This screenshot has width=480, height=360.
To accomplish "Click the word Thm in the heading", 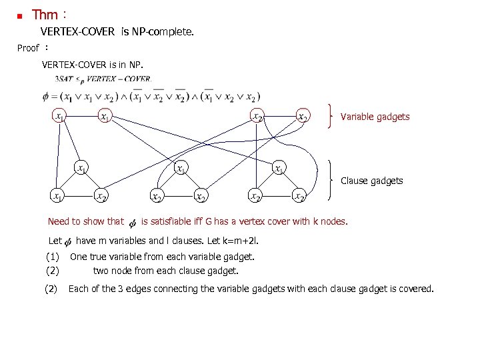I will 45,15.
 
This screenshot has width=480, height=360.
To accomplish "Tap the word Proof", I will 28,48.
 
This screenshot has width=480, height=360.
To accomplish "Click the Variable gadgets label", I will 375,117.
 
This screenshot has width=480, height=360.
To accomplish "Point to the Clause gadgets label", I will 371,181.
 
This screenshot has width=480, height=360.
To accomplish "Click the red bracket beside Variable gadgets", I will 331,116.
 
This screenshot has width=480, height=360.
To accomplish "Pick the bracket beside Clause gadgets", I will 333,179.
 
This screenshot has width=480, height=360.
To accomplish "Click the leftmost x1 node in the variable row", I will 60,116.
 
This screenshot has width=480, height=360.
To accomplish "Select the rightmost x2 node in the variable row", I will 302,116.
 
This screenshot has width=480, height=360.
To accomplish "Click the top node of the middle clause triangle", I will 180,168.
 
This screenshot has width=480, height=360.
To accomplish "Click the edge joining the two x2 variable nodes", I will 279,116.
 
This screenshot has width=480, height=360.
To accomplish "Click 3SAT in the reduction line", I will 65,79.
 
